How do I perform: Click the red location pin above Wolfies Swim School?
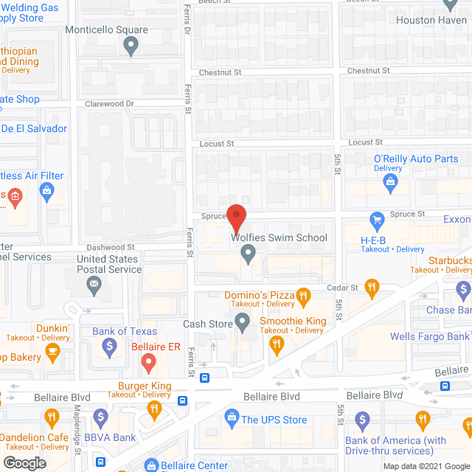coord(236,218)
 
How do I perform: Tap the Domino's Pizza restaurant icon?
coord(302,298)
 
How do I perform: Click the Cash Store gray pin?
coord(243,322)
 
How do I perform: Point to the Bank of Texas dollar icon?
coord(109,345)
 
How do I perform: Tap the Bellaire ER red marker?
coord(147,361)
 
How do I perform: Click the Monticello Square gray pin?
coord(131,46)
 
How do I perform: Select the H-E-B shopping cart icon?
coord(377,219)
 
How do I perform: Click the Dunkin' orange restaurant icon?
coord(52,353)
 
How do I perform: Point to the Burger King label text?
coord(145,386)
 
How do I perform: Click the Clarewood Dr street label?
coord(109,104)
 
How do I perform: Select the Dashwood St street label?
coord(111,247)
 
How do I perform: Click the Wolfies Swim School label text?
coord(279,237)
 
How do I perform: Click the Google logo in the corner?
coord(24,463)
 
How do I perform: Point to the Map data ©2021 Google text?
coord(425,466)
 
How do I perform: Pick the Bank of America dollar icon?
coord(362,420)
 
